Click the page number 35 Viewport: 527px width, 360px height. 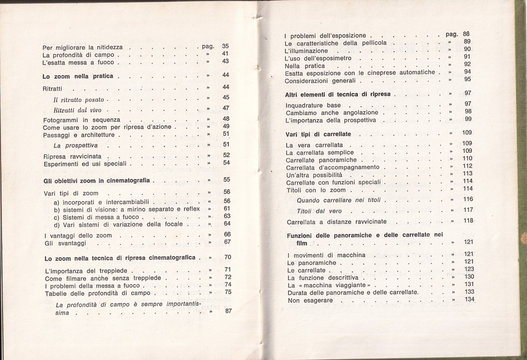[225, 46]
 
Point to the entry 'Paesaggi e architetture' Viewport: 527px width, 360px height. [79, 135]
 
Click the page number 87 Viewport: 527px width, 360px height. [229, 311]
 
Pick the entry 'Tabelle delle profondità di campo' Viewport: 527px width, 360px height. [97, 293]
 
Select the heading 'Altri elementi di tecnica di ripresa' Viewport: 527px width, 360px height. [338, 95]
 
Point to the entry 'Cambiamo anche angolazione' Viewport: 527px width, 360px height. [331, 112]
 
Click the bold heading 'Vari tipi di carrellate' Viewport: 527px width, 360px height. [318, 134]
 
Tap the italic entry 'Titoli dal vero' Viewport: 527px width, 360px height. [319, 211]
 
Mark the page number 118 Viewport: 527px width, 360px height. [468, 221]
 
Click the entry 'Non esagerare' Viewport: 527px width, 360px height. [306, 300]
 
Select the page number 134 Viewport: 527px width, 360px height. [469, 299]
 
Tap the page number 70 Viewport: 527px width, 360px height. [228, 257]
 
